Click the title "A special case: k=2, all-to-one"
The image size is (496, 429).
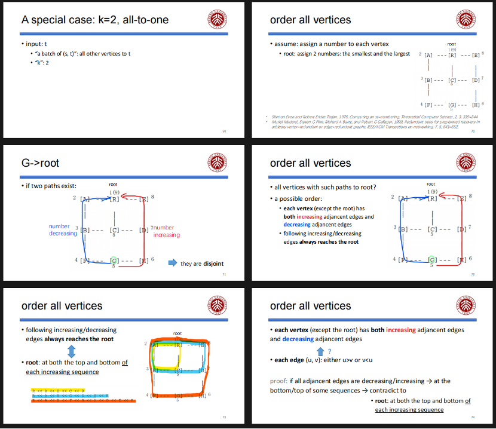tap(95, 20)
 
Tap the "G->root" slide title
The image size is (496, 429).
tap(41, 163)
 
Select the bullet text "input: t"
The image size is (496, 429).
tap(36, 44)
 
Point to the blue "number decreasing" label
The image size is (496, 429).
tap(63, 230)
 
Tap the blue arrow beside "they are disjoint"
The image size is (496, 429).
tap(172, 263)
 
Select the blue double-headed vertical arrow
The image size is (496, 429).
tap(71, 350)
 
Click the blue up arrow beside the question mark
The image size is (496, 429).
tap(320, 351)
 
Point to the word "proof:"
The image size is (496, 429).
tap(280, 381)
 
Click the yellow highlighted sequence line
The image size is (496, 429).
tap(59, 390)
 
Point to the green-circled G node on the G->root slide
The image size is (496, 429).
tap(114, 261)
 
